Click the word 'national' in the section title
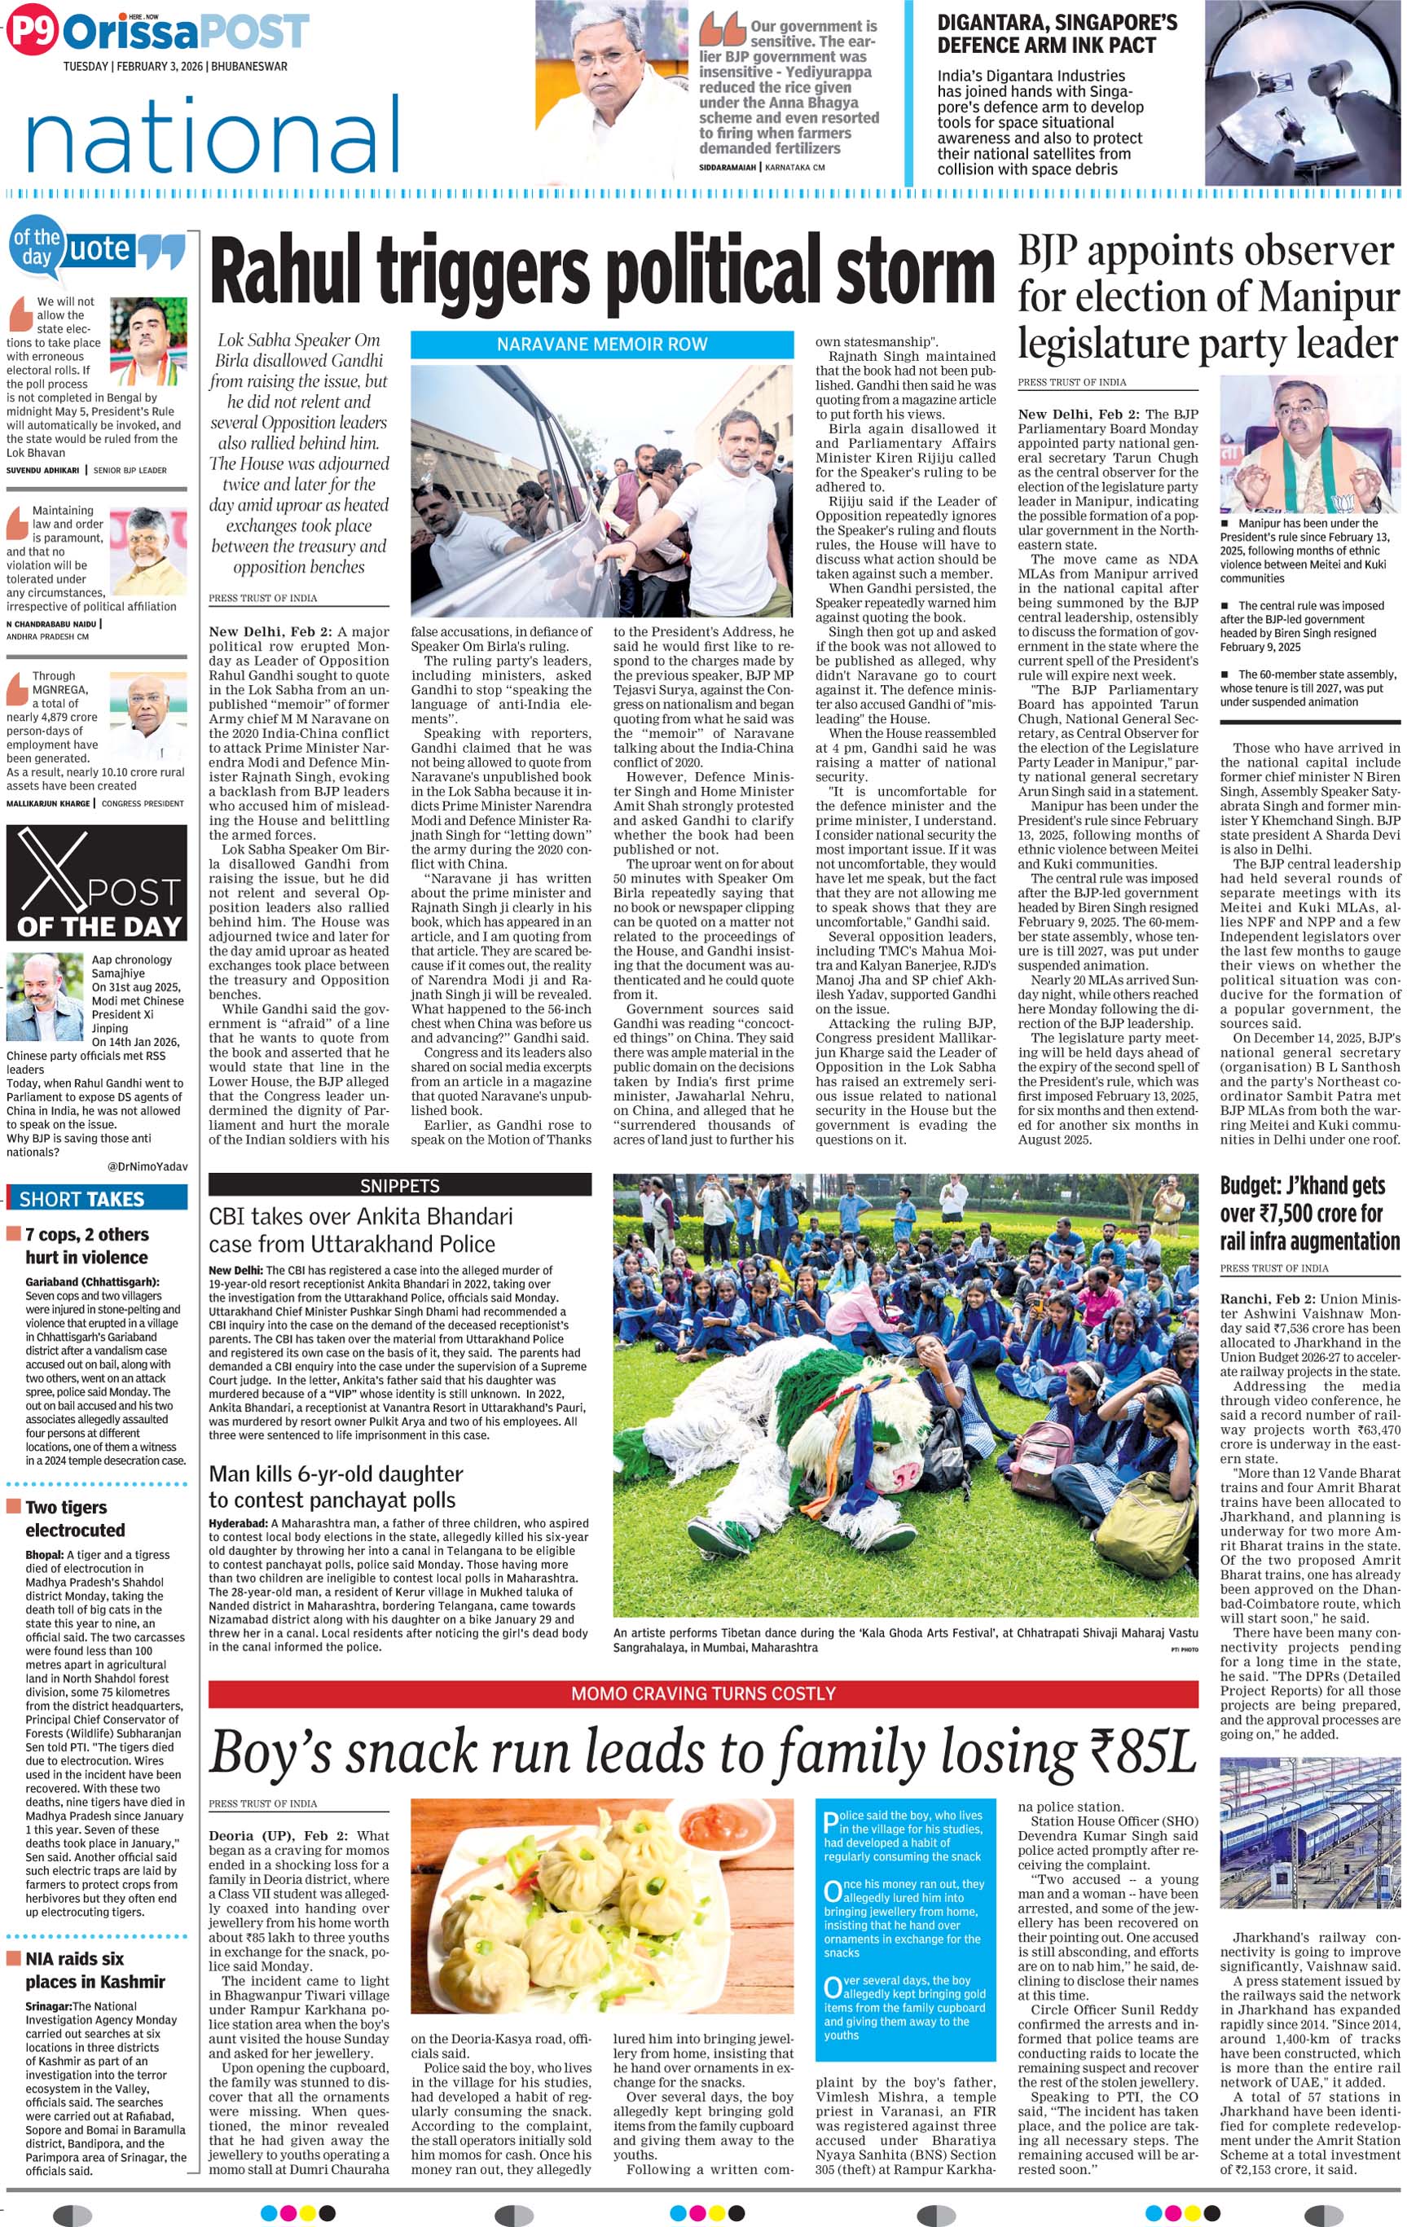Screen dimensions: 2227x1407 [x=213, y=136]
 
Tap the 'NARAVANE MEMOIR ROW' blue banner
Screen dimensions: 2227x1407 [x=601, y=344]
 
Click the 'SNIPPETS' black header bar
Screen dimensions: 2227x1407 [x=400, y=1184]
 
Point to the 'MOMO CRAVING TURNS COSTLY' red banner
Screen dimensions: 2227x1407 [x=703, y=1693]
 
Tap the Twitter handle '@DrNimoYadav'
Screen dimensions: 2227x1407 [x=147, y=1166]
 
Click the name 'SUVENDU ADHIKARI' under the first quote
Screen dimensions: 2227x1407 [x=42, y=470]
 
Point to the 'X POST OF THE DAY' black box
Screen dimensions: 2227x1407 [x=96, y=882]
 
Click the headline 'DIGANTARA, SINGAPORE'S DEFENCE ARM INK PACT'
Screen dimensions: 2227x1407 [x=1057, y=34]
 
